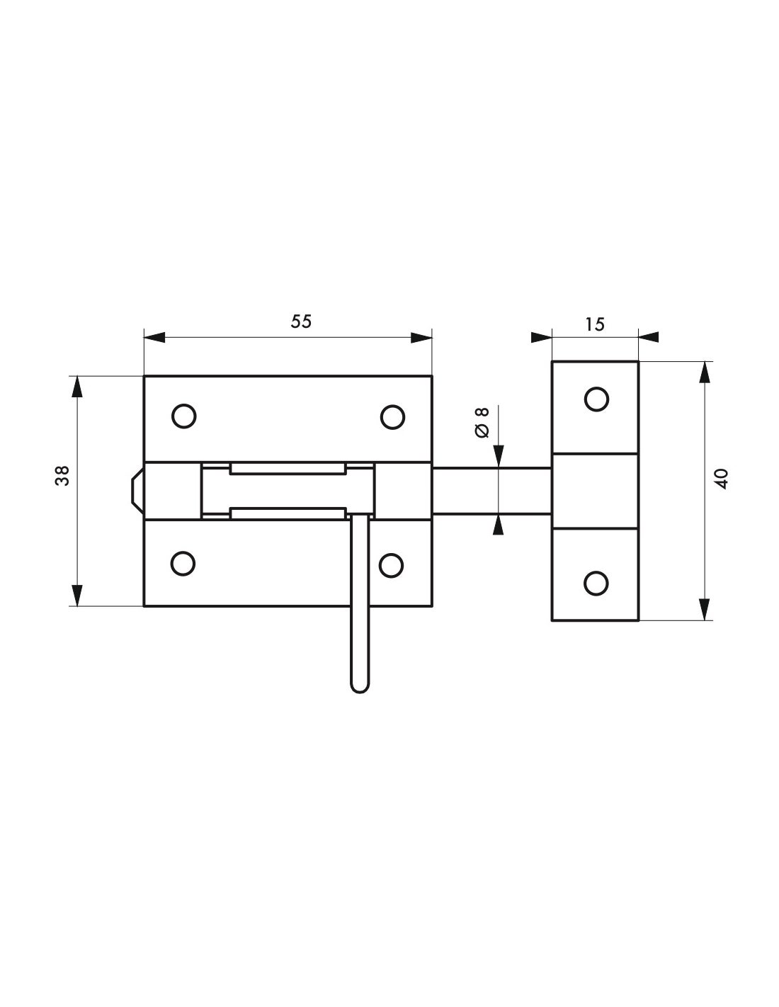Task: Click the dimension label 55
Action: point(301,322)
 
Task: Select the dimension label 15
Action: point(595,324)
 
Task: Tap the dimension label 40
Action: point(722,479)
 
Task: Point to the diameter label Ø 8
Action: point(482,423)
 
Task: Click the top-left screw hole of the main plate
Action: point(183,416)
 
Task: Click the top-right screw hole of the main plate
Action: point(392,416)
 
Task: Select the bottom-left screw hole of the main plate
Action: point(183,564)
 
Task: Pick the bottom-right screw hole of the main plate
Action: point(392,564)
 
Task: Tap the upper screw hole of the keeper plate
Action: point(596,399)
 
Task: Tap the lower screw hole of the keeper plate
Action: point(596,583)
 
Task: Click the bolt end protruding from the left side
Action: point(136,491)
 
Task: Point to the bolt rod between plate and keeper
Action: point(491,491)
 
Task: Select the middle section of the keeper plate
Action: point(595,491)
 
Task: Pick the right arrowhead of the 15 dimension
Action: point(648,338)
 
